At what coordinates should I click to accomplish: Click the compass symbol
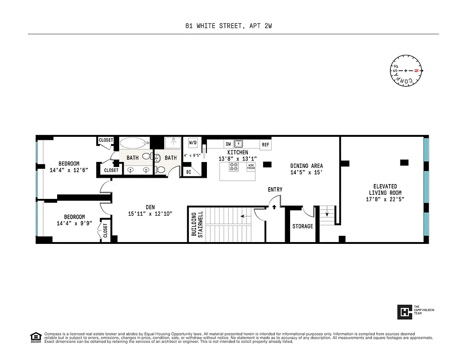(406, 71)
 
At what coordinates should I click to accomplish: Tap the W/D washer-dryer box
(193, 143)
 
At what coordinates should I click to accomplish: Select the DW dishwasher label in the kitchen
(228, 144)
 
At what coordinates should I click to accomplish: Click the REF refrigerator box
(265, 144)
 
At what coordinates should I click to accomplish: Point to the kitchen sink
(238, 144)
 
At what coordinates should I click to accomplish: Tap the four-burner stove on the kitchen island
(234, 166)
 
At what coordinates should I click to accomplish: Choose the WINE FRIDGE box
(251, 166)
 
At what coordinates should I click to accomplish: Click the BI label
(188, 172)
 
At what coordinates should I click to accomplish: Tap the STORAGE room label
(302, 226)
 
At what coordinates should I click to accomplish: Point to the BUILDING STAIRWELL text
(197, 224)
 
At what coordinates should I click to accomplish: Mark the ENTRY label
(275, 189)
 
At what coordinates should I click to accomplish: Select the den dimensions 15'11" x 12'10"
(150, 213)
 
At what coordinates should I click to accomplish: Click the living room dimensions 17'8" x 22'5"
(385, 199)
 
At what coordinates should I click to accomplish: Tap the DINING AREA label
(306, 166)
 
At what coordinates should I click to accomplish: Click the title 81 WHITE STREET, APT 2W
(229, 26)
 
